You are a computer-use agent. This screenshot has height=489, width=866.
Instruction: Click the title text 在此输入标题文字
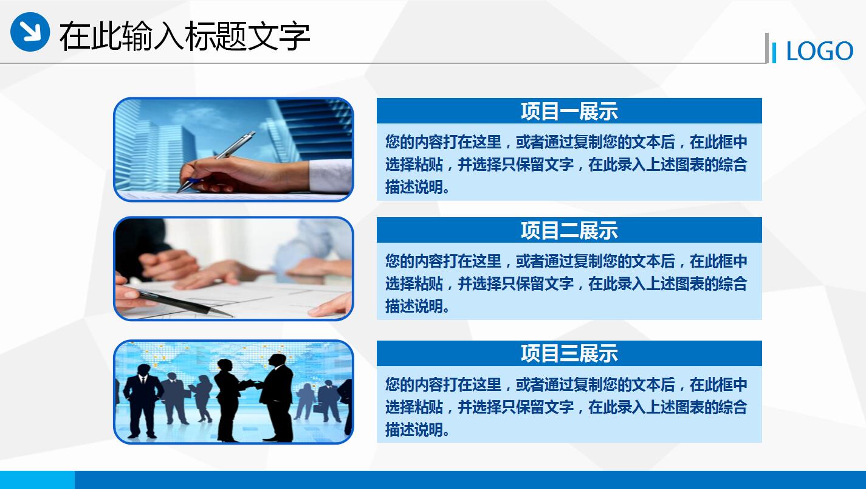tap(184, 36)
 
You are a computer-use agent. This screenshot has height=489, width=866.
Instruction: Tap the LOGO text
tap(819, 52)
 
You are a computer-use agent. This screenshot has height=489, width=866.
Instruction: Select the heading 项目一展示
tap(569, 111)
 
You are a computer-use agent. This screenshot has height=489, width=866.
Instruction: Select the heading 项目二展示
tap(569, 231)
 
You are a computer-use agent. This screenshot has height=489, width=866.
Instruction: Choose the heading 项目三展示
tap(569, 353)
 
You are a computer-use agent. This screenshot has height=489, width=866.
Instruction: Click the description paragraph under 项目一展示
tap(565, 164)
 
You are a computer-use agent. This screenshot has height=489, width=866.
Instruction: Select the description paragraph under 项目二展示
tap(565, 283)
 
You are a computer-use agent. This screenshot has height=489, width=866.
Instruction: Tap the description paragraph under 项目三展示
tap(565, 406)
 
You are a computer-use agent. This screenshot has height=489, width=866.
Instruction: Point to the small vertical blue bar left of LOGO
tap(774, 52)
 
